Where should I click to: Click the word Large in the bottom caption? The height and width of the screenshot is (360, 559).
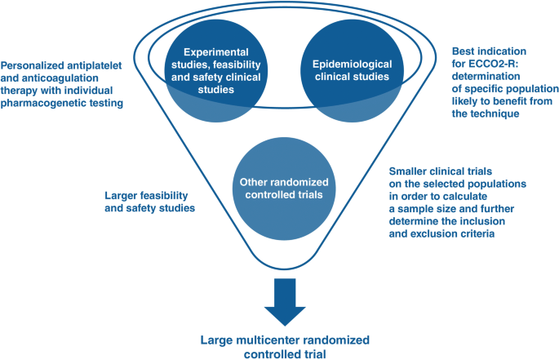[x=229, y=339]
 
